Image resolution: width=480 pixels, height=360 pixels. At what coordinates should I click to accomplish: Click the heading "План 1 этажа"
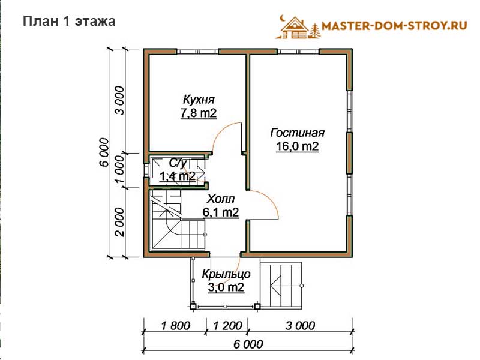click(69, 21)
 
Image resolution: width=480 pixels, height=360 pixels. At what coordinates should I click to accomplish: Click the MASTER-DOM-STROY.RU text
click(394, 26)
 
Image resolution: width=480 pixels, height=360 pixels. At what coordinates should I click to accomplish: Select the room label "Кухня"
click(199, 100)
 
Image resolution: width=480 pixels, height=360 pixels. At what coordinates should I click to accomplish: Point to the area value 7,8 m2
click(199, 113)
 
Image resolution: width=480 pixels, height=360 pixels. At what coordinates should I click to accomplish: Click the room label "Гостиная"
click(298, 133)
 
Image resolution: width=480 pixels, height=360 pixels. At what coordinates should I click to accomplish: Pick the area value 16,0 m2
click(298, 146)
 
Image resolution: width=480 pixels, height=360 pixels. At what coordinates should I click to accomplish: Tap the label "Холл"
click(221, 199)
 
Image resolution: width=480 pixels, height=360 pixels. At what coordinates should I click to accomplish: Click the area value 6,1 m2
click(221, 212)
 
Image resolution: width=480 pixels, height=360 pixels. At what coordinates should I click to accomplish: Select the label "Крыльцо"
click(226, 274)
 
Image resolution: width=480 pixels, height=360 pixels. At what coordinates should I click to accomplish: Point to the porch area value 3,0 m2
click(226, 287)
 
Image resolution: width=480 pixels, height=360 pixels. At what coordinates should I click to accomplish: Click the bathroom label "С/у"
click(178, 163)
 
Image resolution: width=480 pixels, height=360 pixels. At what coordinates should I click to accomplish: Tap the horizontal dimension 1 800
click(176, 325)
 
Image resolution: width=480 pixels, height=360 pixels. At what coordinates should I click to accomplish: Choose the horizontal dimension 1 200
click(228, 325)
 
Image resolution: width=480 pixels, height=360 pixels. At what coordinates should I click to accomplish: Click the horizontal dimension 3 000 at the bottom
click(301, 325)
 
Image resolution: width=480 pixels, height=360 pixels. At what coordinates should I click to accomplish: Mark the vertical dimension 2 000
click(119, 222)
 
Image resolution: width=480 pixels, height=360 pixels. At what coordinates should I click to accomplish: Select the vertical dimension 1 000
click(119, 170)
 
